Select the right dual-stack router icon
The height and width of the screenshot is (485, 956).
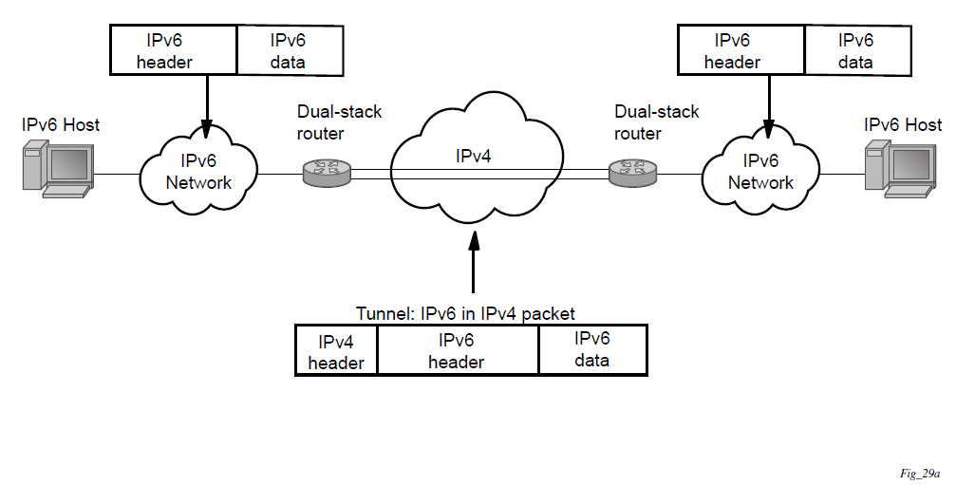631,172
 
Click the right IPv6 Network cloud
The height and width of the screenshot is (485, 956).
760,171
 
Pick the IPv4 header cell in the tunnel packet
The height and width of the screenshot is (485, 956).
336,351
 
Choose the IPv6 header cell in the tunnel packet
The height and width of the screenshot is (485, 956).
457,351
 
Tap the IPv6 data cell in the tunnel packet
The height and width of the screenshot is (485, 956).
591,350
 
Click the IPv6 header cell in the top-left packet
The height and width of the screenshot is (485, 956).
173,50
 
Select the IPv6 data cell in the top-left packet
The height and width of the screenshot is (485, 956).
288,50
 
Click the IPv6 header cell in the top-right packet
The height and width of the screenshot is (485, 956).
740,50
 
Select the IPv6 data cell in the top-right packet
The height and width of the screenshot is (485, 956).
855,50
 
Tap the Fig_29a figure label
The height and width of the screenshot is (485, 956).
920,472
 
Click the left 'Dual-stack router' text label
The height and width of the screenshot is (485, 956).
339,122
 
